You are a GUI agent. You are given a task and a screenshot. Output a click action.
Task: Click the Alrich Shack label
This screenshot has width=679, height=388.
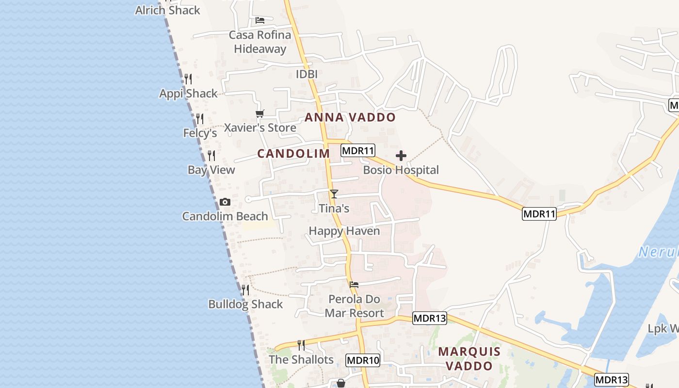point(167,10)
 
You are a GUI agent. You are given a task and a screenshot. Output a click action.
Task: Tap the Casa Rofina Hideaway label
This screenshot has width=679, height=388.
point(260,42)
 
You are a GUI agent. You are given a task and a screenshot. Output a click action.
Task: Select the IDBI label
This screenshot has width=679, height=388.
point(307,74)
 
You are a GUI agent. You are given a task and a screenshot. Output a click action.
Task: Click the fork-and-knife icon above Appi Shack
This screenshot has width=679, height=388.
point(188,79)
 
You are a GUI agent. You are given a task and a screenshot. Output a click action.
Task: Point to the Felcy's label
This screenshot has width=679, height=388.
point(200,133)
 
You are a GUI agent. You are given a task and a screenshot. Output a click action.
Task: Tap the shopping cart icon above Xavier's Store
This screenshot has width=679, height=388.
point(260,113)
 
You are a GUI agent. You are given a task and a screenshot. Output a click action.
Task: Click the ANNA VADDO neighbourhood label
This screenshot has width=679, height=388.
point(350,117)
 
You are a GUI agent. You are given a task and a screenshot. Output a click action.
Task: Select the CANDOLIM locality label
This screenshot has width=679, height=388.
point(293,154)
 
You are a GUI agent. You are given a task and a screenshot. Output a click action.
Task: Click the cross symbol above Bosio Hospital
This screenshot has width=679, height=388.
point(401,156)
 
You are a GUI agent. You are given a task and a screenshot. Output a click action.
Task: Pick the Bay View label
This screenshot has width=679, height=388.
point(211,170)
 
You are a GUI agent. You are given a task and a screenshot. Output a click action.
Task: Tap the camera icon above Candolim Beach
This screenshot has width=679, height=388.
point(225,202)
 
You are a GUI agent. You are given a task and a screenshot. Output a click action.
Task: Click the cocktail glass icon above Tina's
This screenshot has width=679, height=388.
point(334,194)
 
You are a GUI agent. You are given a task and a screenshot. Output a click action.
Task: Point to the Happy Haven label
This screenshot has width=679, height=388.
point(344,231)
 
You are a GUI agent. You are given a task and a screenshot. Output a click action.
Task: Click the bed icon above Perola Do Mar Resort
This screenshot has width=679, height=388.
point(354,285)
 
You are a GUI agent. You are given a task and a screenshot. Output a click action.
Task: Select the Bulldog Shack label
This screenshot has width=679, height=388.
point(245,304)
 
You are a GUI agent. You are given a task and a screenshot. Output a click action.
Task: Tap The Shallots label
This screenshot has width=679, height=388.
point(301,359)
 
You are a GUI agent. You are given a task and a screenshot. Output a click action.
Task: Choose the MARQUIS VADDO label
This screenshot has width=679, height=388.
point(469,358)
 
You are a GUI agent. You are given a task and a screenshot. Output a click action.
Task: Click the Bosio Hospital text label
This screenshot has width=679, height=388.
point(401,170)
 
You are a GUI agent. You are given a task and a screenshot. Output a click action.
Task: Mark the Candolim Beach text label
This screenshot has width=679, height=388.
point(225,216)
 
